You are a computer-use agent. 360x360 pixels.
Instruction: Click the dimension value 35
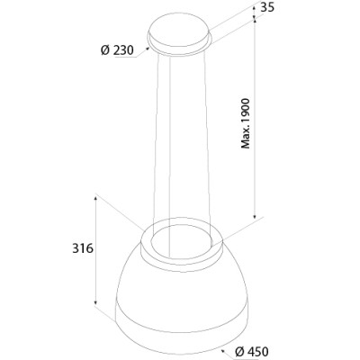pos(267,7)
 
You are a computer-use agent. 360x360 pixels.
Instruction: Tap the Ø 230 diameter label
pos(117,50)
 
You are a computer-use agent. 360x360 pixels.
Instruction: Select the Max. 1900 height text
pos(246,123)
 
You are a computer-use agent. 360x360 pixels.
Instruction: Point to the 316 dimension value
pos(83,248)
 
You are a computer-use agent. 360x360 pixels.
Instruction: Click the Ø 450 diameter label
pos(252,352)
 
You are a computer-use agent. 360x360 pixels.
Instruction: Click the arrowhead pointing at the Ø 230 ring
pos(148,48)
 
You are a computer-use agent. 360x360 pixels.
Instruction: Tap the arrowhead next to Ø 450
pos(222,350)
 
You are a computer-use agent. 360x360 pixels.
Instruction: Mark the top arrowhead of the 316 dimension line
pos(95,198)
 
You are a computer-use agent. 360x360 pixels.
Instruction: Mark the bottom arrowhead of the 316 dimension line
pos(95,303)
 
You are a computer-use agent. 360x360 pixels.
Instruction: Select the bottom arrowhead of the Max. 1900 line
pos(255,216)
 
